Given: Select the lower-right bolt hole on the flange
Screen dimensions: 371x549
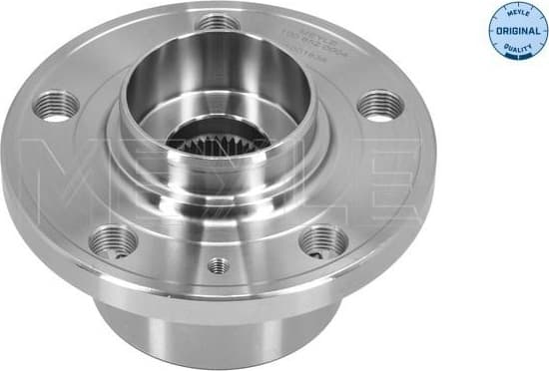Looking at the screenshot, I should pyautogui.click(x=322, y=239).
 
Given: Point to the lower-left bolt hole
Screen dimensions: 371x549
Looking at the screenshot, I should pyautogui.click(x=113, y=239).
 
